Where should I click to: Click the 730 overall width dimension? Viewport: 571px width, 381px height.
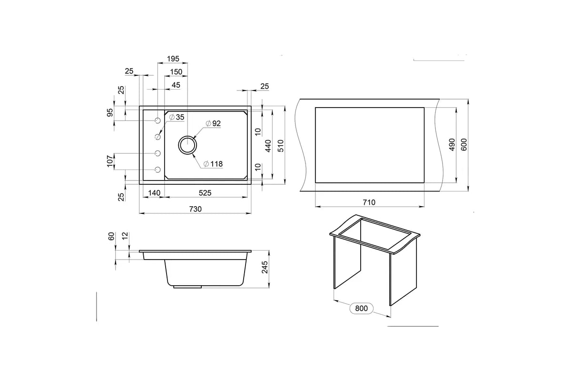coord(196,209)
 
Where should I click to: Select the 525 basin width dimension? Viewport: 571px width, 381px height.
coord(205,193)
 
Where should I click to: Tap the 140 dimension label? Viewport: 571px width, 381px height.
coord(154,193)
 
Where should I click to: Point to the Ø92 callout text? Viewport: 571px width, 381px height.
coord(213,123)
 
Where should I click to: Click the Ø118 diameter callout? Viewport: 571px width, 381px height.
coord(213,164)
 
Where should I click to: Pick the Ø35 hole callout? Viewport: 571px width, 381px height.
coord(177,117)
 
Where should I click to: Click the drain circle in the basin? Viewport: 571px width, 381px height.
coord(187,145)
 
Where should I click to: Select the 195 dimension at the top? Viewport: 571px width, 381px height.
coord(173,59)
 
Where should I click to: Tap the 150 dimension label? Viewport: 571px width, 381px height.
coord(176,72)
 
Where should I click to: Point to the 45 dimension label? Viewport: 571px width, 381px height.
coord(176,85)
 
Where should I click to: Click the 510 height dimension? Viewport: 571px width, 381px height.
coord(281,146)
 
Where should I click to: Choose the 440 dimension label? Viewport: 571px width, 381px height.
coord(268,146)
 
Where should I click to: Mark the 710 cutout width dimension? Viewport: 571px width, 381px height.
coord(369,202)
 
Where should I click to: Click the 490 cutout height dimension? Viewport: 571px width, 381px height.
coord(452,145)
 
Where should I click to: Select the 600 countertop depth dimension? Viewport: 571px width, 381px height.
coord(464,145)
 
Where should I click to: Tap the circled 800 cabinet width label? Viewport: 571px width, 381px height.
coord(361,308)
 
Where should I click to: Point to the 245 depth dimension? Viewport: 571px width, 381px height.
coord(265,267)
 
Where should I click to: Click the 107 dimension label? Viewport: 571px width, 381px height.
coord(110,161)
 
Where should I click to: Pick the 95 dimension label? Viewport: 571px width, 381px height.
coord(110,112)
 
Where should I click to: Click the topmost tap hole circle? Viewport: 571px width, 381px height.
coord(158,120)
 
